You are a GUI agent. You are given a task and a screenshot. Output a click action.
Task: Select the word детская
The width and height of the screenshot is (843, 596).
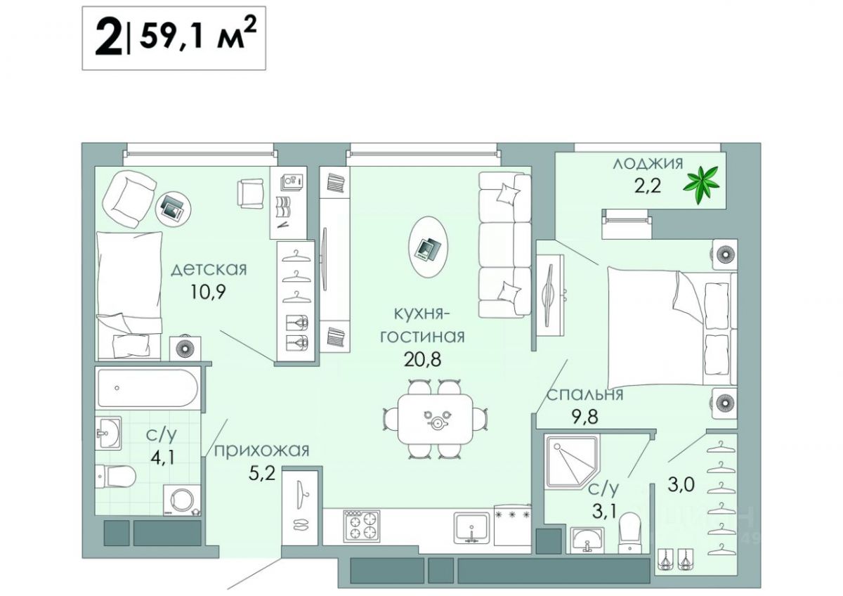(x=209, y=270)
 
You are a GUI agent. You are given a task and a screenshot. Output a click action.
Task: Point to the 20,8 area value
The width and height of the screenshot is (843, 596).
(x=422, y=360)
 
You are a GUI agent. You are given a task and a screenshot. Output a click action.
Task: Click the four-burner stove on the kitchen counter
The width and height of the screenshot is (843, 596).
(x=361, y=526)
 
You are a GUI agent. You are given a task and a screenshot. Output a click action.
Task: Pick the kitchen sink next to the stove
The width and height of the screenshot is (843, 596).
(x=472, y=528)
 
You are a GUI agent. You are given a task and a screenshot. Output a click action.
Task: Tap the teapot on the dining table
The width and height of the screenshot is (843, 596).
(x=436, y=422)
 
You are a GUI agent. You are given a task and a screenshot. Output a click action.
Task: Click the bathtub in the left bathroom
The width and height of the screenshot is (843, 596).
(x=147, y=388)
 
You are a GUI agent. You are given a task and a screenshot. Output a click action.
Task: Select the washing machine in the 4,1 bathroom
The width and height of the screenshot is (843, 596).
(x=182, y=500)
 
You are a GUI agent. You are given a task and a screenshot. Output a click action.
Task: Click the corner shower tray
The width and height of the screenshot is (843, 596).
(x=572, y=462)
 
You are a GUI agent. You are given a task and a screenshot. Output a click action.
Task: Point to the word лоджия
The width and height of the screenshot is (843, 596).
(x=648, y=164)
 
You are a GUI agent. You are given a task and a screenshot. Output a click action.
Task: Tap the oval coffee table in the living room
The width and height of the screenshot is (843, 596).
(x=429, y=247)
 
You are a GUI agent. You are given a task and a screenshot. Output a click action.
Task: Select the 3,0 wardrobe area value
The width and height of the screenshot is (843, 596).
(x=681, y=484)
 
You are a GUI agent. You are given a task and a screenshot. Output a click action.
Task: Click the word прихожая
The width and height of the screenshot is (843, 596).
(x=261, y=451)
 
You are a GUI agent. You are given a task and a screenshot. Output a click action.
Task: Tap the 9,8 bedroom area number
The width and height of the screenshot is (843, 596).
(x=585, y=417)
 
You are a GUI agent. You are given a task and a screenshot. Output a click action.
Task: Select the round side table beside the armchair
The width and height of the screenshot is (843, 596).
(x=174, y=209)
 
